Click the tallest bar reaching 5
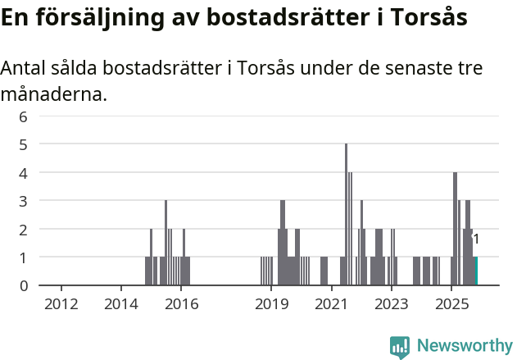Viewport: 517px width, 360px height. [346, 215]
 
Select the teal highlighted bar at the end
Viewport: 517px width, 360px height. [475, 271]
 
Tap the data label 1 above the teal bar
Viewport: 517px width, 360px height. [476, 239]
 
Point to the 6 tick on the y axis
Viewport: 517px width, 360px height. [24, 116]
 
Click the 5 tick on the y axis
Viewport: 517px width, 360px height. [24, 144]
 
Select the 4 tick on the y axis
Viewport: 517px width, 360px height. [24, 173]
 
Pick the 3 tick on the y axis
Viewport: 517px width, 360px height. [24, 201]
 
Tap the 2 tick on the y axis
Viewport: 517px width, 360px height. [24, 230]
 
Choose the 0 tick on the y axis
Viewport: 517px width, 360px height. [24, 285]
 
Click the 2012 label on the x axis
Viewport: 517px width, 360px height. [61, 304]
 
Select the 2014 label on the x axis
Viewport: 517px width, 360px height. [121, 304]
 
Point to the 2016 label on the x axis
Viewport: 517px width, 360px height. [181, 304]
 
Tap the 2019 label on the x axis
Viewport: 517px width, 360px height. [271, 304]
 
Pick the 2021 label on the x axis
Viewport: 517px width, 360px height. [331, 304]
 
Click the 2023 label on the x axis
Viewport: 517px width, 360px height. [391, 304]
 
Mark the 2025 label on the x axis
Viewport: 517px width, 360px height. [451, 304]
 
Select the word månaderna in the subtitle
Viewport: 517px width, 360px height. [53, 94]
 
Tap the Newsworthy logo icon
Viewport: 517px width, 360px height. [400, 347]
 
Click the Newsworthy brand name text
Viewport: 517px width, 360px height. [465, 347]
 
